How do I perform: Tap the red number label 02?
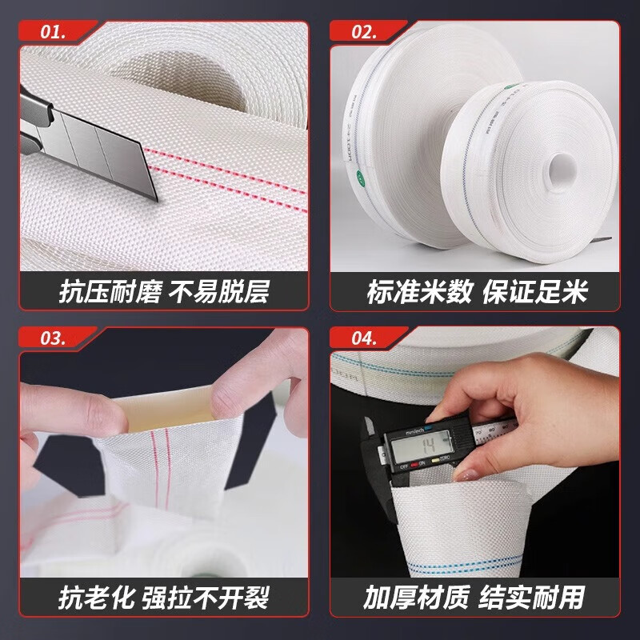click(x=364, y=33)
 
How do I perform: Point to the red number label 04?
click(x=364, y=338)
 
